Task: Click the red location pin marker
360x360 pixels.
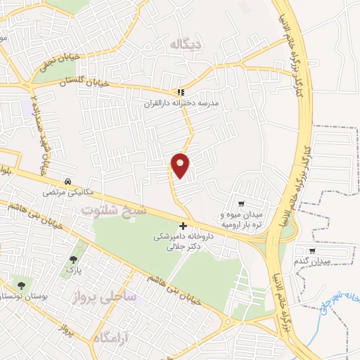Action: [181, 165]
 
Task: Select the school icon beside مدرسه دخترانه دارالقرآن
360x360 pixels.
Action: [181, 91]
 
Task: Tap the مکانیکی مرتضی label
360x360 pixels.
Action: [62, 191]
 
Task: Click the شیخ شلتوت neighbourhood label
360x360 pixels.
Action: [114, 210]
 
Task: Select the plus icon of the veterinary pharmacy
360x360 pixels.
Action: [183, 226]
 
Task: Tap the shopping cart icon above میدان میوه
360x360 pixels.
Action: [241, 202]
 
